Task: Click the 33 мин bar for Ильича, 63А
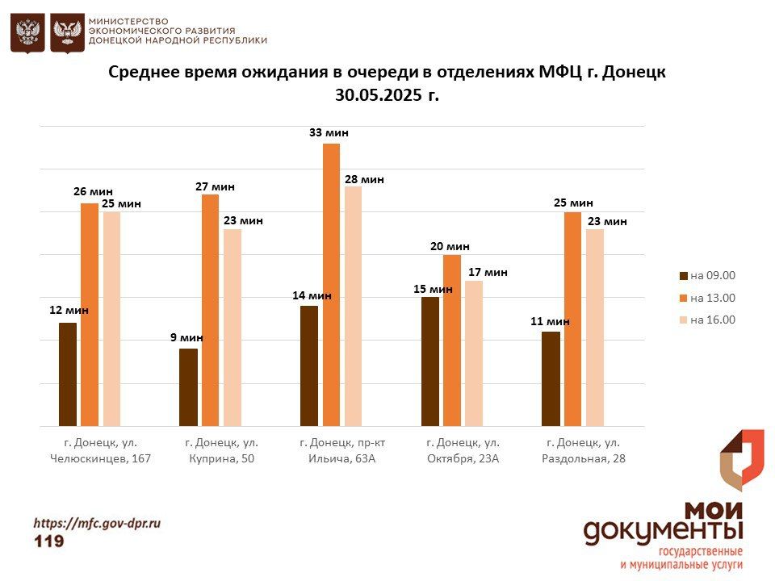pyautogui.click(x=331, y=284)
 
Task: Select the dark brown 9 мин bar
pyautogui.click(x=188, y=387)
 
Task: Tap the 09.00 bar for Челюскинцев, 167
pyautogui.click(x=68, y=374)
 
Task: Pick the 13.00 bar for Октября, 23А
pyautogui.click(x=452, y=341)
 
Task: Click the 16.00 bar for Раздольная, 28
pyautogui.click(x=595, y=328)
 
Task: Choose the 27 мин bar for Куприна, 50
pyautogui.click(x=210, y=310)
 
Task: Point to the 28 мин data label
pyautogui.click(x=364, y=180)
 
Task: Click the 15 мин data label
pyautogui.click(x=433, y=289)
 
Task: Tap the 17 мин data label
pyautogui.click(x=488, y=273)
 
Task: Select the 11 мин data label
pyautogui.click(x=550, y=321)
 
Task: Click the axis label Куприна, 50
pyautogui.click(x=221, y=458)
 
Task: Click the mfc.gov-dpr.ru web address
pyautogui.click(x=97, y=523)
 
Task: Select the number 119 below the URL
pyautogui.click(x=48, y=541)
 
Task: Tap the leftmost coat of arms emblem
pyautogui.click(x=27, y=33)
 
